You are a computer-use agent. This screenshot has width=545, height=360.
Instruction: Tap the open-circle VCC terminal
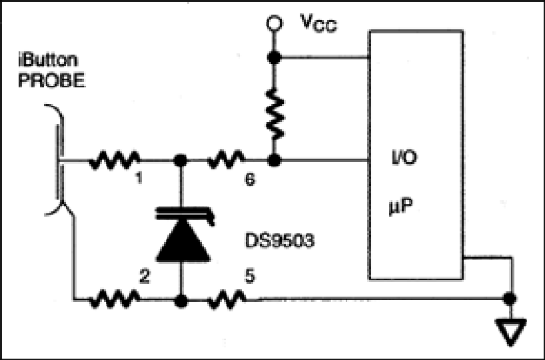point(274,23)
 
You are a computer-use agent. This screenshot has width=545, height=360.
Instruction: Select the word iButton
point(48,60)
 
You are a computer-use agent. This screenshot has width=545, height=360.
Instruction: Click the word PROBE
point(51,80)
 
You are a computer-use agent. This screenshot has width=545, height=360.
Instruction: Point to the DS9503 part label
point(280,241)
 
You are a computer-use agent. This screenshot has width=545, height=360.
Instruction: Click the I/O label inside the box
point(404,157)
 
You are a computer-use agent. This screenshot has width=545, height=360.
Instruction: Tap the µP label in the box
point(400,207)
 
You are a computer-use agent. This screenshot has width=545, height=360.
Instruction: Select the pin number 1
point(139,179)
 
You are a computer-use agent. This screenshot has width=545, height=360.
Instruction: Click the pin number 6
point(251,179)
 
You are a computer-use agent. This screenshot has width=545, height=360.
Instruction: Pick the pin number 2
point(144,277)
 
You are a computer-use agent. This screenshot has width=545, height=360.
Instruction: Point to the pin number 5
point(250,277)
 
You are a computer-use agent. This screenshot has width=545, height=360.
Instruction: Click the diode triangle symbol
point(183,241)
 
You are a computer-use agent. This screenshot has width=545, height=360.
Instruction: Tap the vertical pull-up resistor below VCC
point(274,114)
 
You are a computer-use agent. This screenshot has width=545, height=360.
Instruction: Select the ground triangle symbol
point(510,332)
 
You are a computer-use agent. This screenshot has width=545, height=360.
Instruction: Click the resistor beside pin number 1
point(115,161)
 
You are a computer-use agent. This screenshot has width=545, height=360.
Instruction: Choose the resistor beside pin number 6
point(226,159)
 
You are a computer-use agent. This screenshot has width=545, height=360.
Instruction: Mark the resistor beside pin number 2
point(115,299)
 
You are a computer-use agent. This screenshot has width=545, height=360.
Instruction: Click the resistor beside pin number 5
point(227,299)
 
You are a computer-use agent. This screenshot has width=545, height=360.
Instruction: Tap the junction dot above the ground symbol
point(510,299)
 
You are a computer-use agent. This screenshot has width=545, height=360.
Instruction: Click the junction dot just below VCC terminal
point(274,58)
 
